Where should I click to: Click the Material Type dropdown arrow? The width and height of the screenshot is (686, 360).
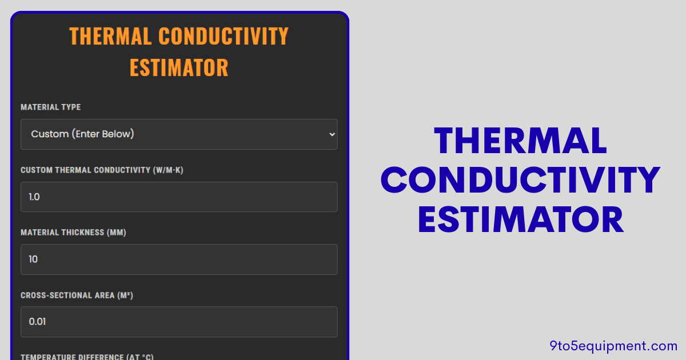[332, 134]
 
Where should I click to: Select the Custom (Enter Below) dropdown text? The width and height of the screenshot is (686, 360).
[82, 134]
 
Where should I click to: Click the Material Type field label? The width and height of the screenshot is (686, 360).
[51, 107]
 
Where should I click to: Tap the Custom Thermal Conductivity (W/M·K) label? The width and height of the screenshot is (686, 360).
[102, 170]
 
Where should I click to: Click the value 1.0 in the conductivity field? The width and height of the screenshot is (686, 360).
[34, 197]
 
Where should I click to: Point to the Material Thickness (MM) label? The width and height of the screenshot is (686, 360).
[73, 233]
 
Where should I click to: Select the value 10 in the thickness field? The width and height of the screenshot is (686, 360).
[33, 259]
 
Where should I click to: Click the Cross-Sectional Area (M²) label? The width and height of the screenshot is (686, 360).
[77, 295]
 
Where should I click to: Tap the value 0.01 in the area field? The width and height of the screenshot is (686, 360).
[37, 322]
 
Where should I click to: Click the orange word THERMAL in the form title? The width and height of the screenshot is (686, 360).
[110, 37]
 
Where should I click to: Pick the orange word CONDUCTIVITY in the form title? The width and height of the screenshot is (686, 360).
[224, 37]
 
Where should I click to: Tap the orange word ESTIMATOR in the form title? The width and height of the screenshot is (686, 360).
[179, 67]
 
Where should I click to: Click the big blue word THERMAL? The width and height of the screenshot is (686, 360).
[520, 141]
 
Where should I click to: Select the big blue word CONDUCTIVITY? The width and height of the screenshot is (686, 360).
[520, 181]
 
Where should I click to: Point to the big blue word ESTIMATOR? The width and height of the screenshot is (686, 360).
[520, 220]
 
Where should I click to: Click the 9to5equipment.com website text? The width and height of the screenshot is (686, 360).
[613, 346]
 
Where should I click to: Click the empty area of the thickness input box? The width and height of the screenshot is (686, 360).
[200, 259]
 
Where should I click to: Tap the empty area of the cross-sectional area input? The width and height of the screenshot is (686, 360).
[200, 322]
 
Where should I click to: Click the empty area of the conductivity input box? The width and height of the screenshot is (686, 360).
[200, 197]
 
